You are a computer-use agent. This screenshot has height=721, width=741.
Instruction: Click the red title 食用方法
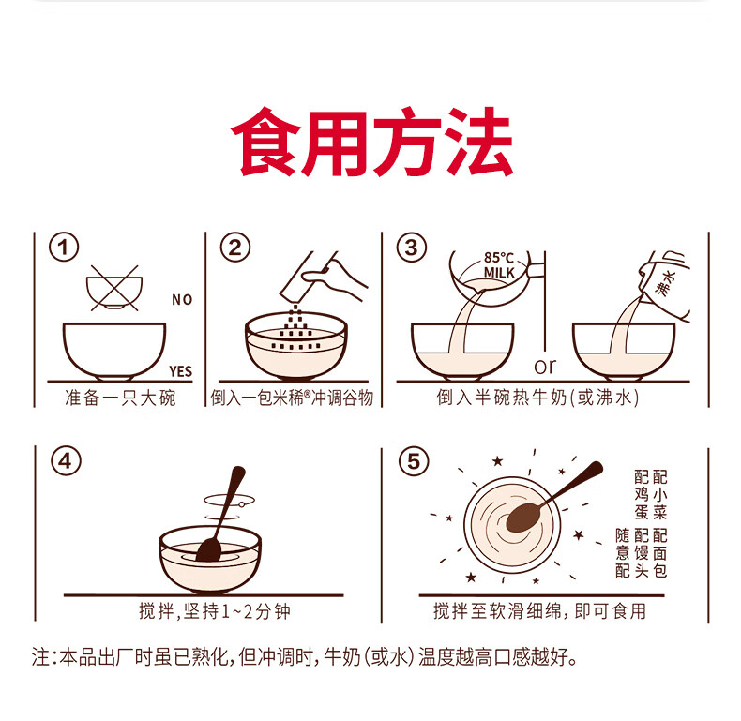(371, 142)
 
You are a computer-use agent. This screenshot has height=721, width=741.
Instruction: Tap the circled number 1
(64, 248)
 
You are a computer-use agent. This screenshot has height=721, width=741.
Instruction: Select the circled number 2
(234, 248)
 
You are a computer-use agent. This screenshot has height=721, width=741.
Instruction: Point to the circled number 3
(411, 248)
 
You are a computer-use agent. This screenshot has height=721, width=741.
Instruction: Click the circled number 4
(66, 460)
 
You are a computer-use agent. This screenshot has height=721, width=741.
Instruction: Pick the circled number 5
(414, 460)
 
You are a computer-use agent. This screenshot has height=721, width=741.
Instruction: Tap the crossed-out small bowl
(114, 288)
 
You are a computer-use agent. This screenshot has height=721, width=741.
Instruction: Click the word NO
(182, 299)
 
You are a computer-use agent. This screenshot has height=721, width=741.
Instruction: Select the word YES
(180, 371)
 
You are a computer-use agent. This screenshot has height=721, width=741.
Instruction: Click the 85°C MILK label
(499, 265)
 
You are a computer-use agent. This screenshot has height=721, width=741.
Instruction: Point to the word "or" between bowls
(545, 367)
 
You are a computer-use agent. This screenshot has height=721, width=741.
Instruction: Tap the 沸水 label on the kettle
(667, 282)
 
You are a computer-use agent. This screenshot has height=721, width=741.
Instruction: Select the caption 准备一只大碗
(120, 398)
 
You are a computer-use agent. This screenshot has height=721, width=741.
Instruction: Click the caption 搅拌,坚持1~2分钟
(215, 611)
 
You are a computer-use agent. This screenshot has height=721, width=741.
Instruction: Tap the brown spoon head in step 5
(523, 517)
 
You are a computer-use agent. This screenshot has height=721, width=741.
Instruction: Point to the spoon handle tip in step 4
(238, 471)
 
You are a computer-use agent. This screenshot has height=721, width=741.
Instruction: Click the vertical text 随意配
(623, 553)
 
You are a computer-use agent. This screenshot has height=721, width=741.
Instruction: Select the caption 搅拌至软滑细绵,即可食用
(539, 611)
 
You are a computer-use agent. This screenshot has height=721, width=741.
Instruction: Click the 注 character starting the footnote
(40, 656)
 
